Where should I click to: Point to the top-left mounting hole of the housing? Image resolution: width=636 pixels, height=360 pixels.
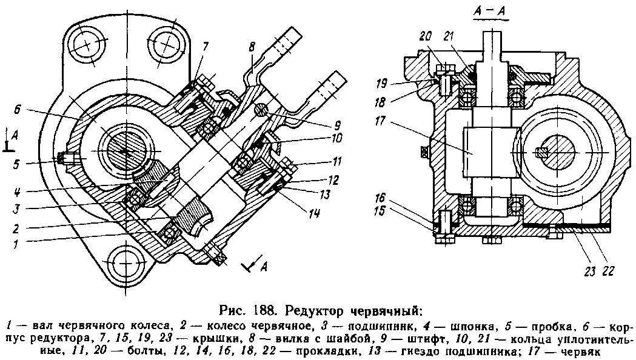tap(87, 43)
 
